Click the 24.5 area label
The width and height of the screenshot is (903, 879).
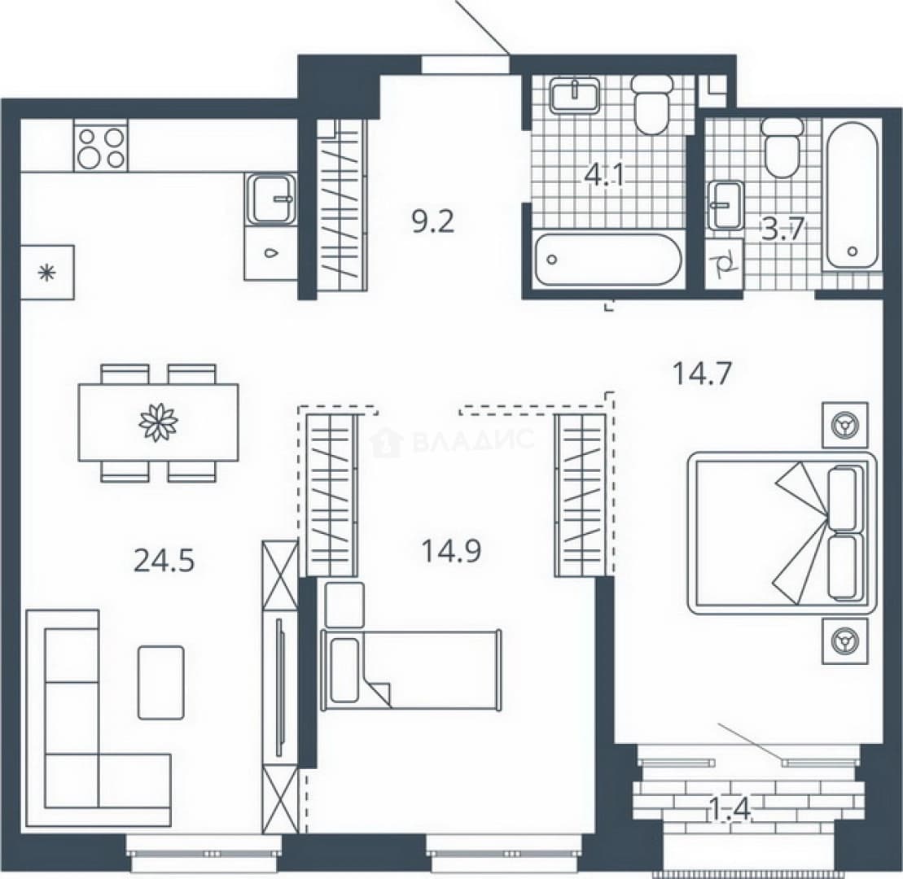tap(164, 560)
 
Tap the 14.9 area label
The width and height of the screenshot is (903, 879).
tap(451, 551)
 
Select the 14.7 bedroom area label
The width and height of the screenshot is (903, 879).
tap(702, 373)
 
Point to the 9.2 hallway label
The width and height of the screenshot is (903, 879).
tap(433, 221)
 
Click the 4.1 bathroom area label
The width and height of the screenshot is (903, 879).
tap(605, 174)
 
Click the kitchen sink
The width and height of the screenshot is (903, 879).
tap(270, 199)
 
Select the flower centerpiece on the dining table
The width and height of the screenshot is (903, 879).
tap(158, 422)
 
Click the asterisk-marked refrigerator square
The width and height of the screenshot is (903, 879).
tap(47, 272)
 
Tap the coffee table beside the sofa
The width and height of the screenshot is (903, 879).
tap(161, 682)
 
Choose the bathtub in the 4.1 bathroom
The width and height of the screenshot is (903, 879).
tap(607, 259)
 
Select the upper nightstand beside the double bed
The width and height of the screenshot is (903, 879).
tap(845, 425)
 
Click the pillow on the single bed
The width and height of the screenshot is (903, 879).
tap(344, 671)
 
